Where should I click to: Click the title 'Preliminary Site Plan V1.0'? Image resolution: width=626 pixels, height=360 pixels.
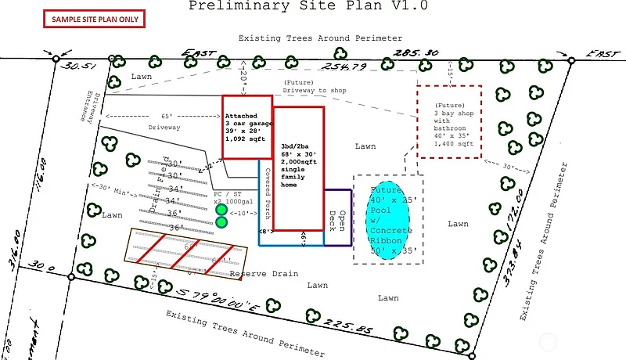[308, 5]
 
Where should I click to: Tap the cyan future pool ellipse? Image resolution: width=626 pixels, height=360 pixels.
[390, 221]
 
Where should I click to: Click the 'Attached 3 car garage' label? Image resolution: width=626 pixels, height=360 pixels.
[246, 126]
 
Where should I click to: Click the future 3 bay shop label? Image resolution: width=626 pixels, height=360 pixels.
[455, 124]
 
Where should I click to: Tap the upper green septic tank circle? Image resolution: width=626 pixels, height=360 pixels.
[221, 210]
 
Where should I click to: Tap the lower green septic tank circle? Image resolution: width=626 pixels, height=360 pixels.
[221, 222]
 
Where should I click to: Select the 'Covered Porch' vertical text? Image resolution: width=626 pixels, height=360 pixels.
[267, 192]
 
